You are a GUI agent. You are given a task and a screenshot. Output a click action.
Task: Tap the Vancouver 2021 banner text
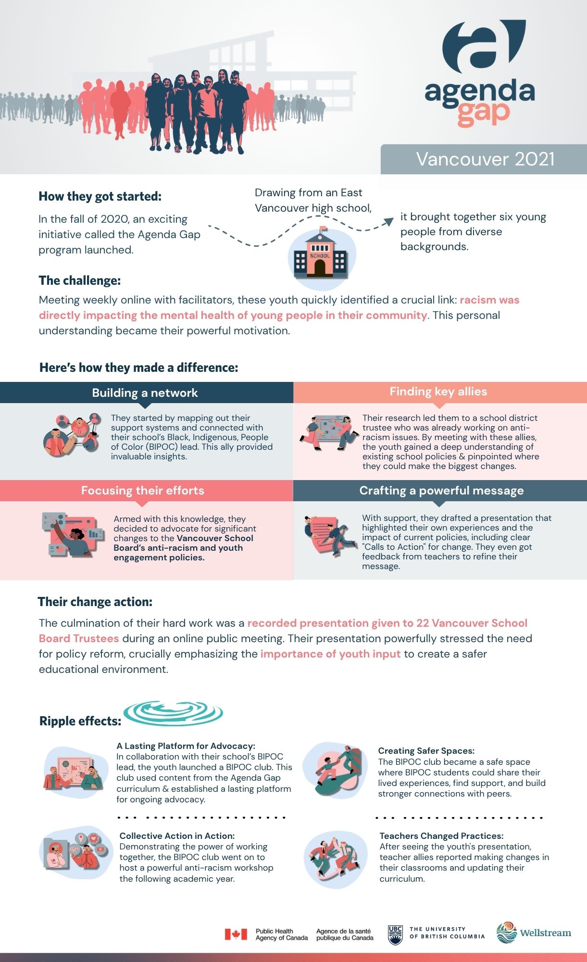[x=485, y=159]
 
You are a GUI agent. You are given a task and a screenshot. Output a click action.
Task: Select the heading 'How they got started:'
[x=100, y=196]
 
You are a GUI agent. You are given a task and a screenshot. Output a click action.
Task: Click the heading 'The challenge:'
[x=79, y=280]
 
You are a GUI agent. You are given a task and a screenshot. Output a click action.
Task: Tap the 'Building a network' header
[x=145, y=393]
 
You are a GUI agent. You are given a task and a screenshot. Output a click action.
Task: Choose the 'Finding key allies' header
[x=438, y=392]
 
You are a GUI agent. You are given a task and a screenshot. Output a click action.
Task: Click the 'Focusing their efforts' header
[x=142, y=491]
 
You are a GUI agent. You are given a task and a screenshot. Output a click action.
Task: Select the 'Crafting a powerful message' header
[x=441, y=491]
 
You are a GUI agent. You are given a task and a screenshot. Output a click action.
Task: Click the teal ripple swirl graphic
[x=173, y=712]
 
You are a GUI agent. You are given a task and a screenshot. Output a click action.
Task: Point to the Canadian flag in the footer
[x=236, y=934]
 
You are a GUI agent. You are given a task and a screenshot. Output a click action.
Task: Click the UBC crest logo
[x=395, y=935]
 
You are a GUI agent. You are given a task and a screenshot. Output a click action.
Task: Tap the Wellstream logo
[x=534, y=933]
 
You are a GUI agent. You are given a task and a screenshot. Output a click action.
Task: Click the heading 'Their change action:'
[x=95, y=602]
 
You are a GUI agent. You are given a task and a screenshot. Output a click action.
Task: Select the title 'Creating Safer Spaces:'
[x=426, y=751]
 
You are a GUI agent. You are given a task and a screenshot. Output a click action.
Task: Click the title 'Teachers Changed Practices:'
[x=441, y=836]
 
